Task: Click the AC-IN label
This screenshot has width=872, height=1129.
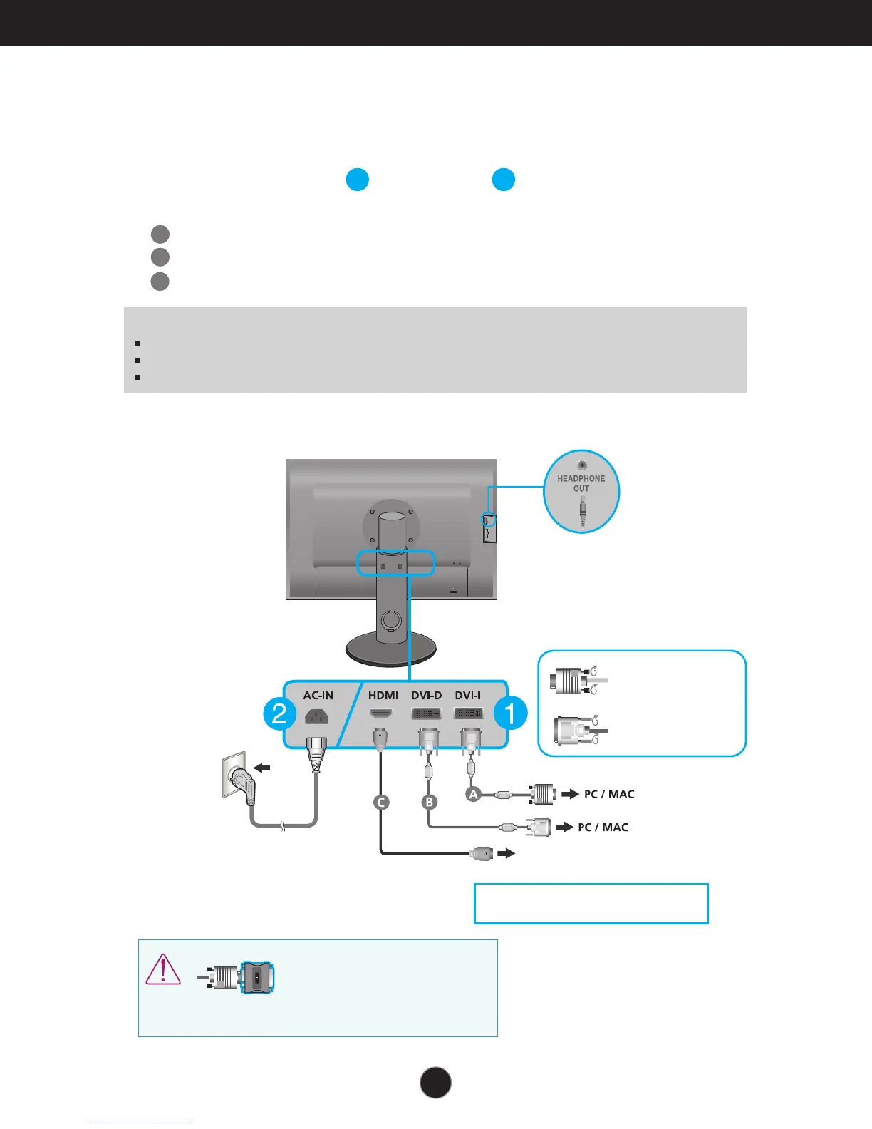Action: tap(318, 696)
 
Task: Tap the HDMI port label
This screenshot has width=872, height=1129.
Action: tap(383, 696)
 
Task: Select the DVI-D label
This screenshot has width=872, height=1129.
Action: tap(426, 696)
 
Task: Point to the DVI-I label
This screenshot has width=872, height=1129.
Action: tap(468, 696)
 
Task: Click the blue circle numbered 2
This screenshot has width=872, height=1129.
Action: tap(279, 713)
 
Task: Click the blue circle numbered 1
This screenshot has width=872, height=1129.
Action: tap(510, 713)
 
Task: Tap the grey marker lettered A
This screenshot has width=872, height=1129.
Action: tap(473, 793)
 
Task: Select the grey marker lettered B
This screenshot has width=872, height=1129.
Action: tap(429, 803)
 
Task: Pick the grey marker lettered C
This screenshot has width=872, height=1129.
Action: tap(381, 803)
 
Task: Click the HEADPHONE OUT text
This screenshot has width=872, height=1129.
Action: tap(581, 483)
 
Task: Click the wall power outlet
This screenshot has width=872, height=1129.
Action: tap(237, 777)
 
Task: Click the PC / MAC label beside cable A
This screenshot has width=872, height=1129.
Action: tap(609, 794)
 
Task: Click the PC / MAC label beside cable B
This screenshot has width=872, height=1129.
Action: tap(603, 827)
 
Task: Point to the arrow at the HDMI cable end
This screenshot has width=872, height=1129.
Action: tap(506, 853)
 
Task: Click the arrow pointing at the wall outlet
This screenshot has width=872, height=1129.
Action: tap(262, 768)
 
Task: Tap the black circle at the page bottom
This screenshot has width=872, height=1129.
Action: tap(435, 1082)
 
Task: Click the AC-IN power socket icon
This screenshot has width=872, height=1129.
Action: tap(316, 716)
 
